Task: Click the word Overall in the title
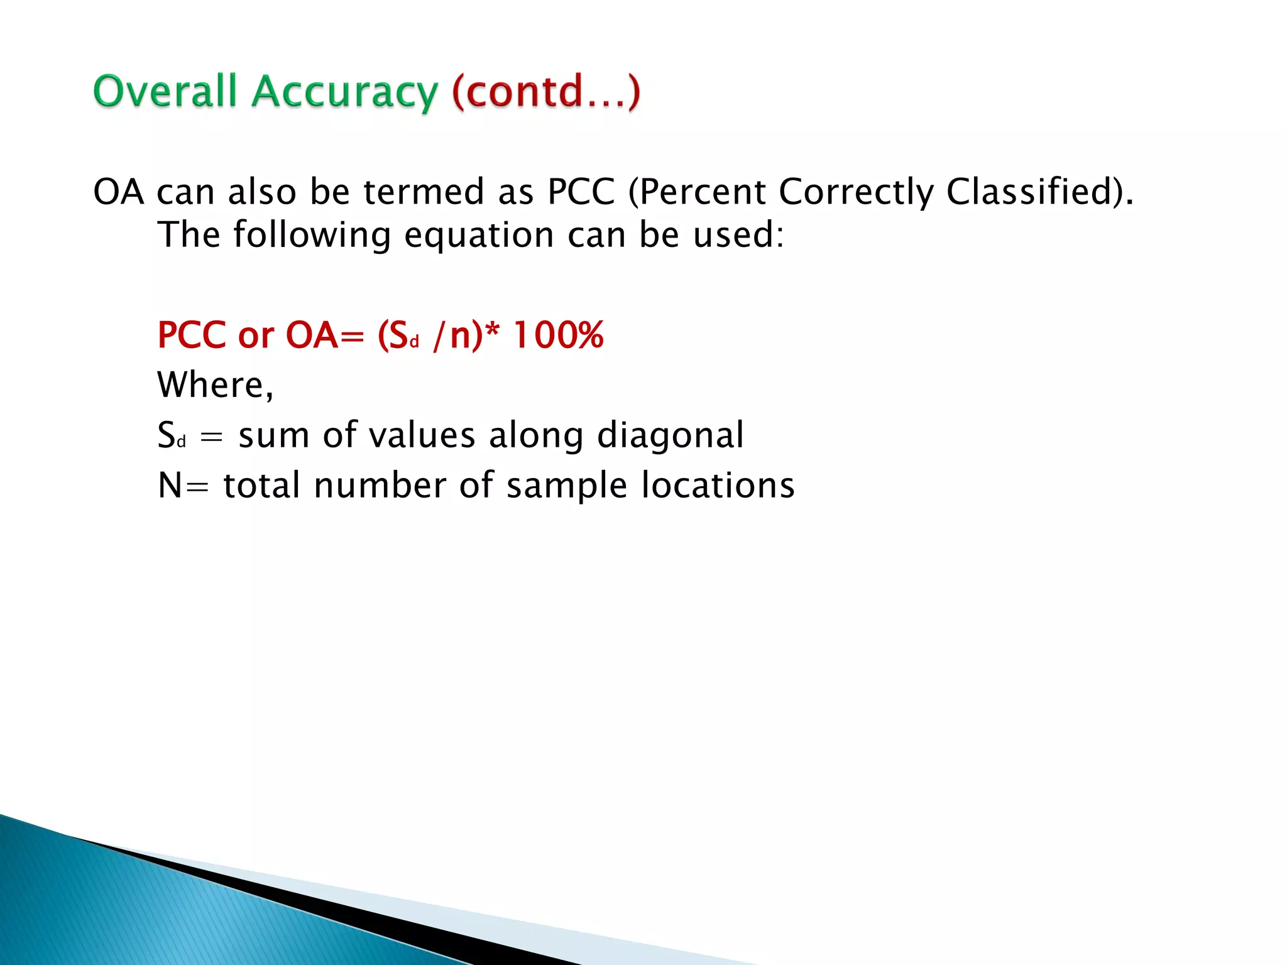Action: point(165,92)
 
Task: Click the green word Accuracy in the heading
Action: point(344,93)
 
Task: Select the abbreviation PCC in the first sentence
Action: point(581,192)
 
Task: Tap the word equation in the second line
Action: point(479,235)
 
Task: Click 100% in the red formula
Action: point(559,335)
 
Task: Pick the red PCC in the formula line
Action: point(192,335)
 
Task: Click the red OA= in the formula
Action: point(324,335)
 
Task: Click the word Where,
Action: point(216,384)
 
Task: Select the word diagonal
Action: point(671,435)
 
